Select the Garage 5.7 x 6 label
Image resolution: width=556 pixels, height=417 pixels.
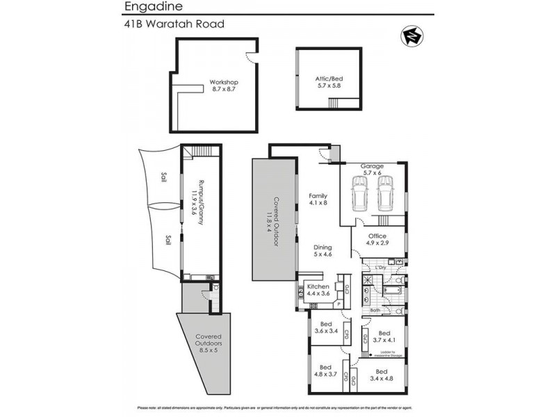click(373, 170)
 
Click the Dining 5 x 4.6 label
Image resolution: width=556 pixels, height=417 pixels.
click(322, 251)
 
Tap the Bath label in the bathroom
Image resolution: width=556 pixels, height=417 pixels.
click(373, 310)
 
